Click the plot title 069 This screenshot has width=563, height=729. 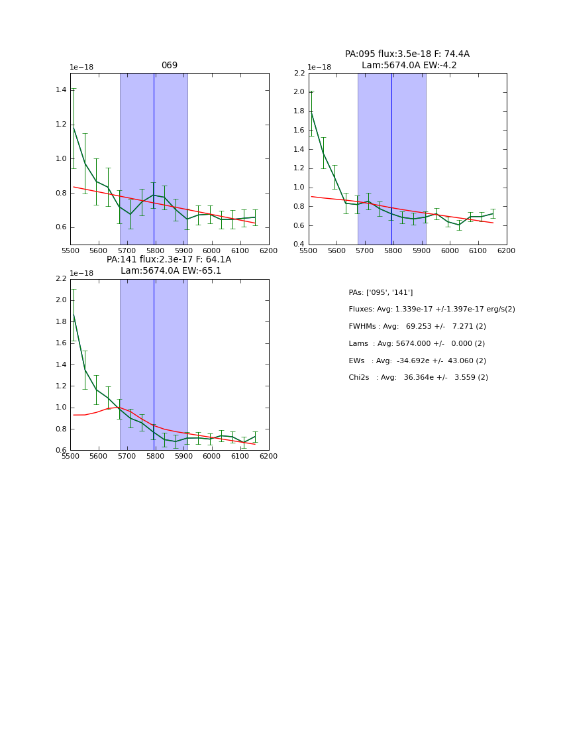point(170,66)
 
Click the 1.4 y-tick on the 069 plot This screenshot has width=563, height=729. point(61,89)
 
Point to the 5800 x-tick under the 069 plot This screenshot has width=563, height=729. point(155,251)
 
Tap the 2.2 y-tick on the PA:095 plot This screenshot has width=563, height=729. point(299,73)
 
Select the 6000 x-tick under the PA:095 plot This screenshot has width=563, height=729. point(450,251)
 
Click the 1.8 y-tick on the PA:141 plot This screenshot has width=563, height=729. point(61,321)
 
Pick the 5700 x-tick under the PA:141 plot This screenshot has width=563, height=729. point(127,457)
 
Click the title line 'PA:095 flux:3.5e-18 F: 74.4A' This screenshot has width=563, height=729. point(407,54)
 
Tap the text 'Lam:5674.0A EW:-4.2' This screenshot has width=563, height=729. point(409,66)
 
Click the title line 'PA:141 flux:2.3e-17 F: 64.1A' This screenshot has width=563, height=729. point(169,260)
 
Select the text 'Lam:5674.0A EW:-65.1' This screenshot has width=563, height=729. point(171,271)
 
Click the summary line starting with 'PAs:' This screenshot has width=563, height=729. point(380,292)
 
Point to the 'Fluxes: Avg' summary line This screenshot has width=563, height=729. point(431,309)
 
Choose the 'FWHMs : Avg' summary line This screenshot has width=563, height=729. point(417,327)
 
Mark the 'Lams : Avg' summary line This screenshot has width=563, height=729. point(417,344)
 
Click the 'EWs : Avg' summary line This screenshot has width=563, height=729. point(417,361)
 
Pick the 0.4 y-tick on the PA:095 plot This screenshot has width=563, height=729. point(299,245)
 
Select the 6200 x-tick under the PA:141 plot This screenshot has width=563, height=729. point(268,457)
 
